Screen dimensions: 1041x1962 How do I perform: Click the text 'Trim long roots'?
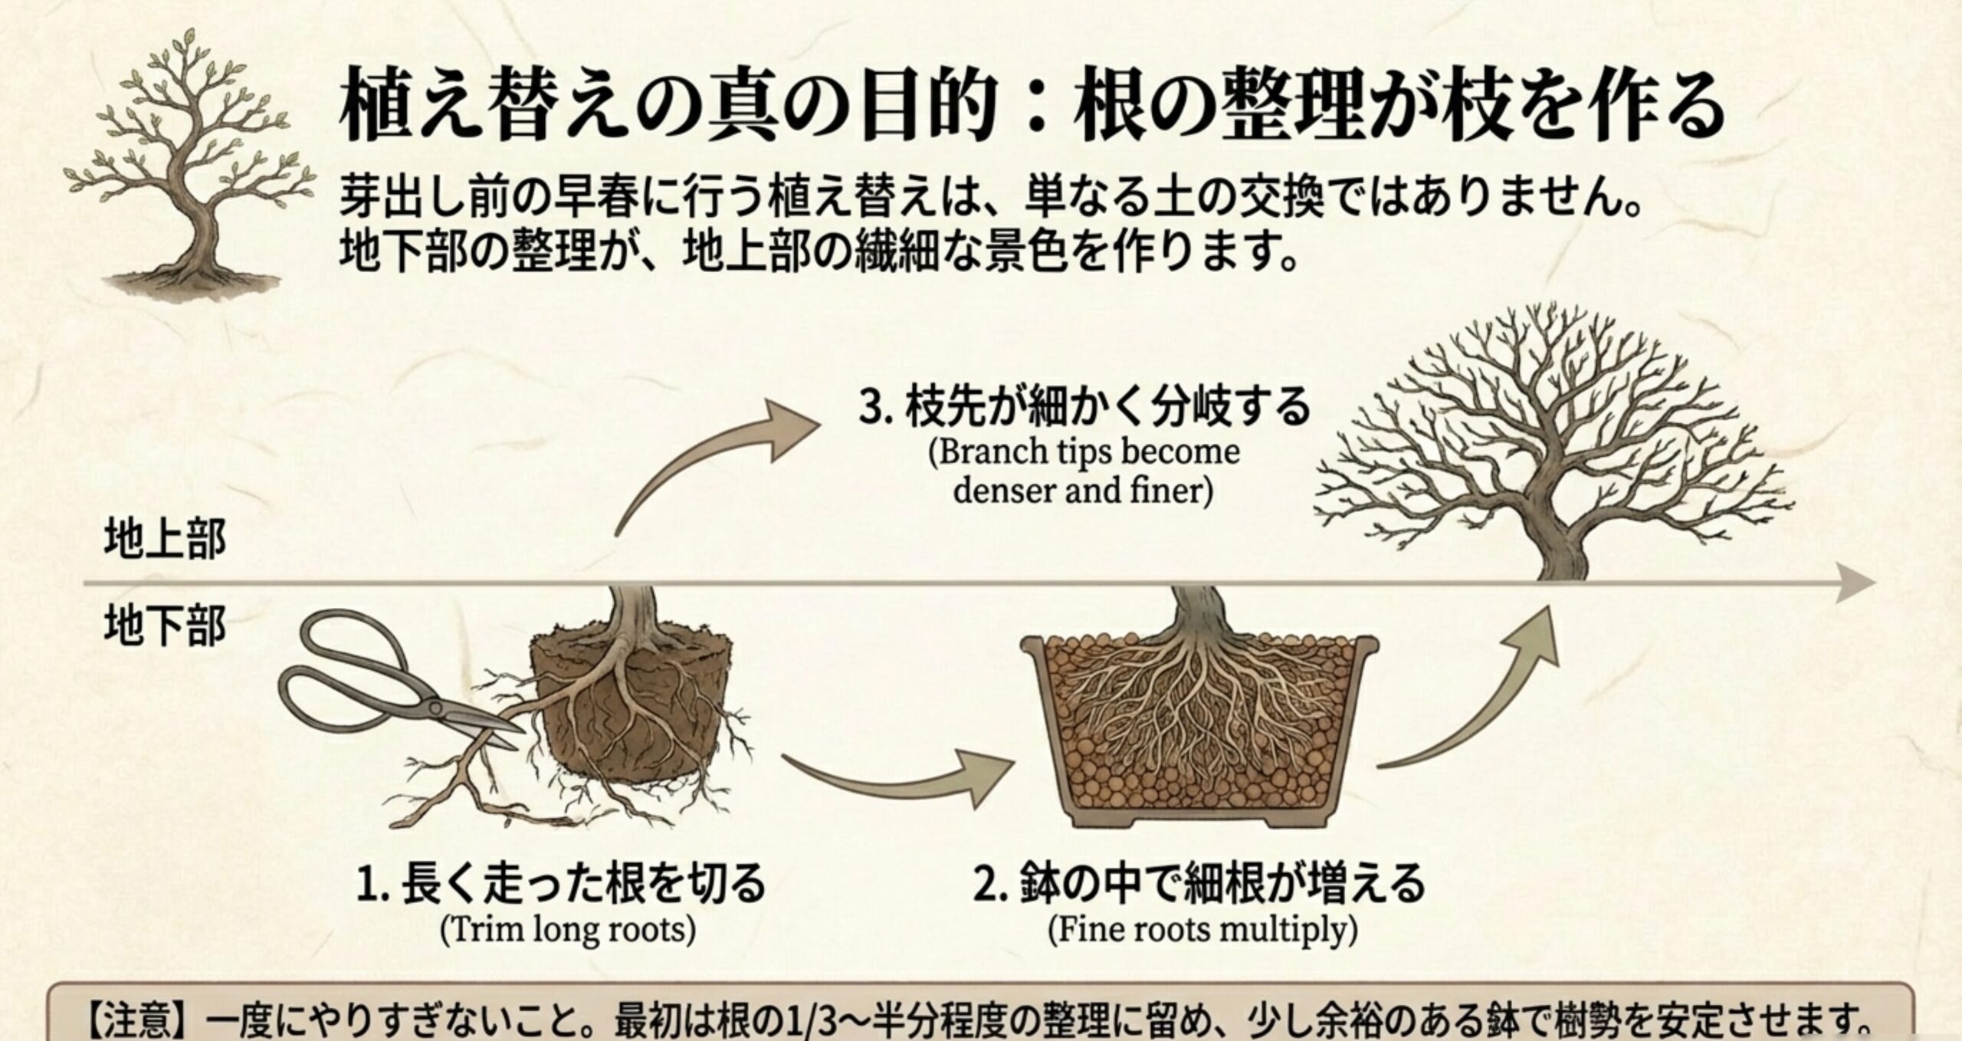click(568, 930)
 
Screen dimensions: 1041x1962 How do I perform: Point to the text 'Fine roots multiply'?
click(1202, 930)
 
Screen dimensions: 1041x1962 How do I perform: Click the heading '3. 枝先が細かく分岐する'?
click(1084, 406)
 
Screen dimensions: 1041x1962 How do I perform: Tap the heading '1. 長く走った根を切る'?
click(562, 884)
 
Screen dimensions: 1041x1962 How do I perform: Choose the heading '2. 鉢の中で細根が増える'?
click(1199, 884)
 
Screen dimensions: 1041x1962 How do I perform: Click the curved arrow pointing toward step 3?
click(713, 460)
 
